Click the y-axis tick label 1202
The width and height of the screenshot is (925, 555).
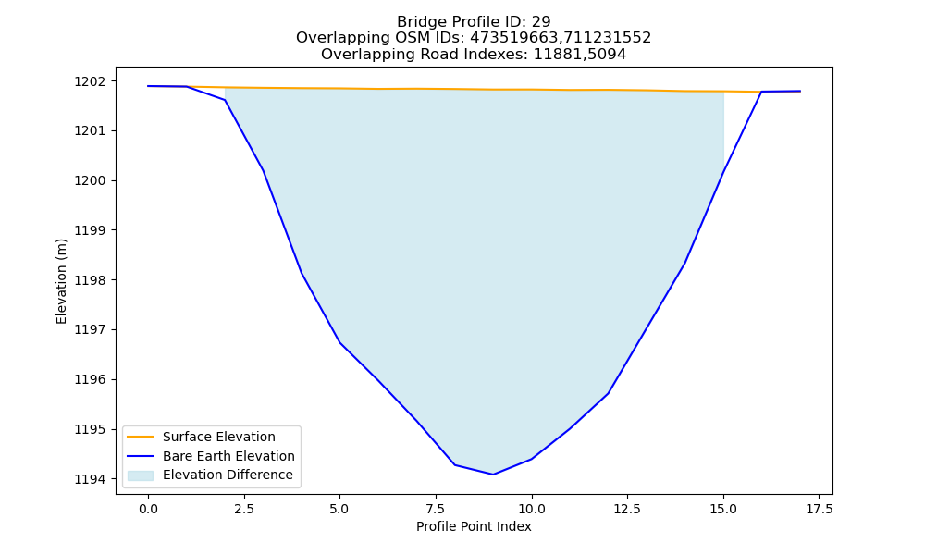point(91,81)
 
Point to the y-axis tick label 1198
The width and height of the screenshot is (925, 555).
point(91,280)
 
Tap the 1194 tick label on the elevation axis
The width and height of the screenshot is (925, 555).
point(91,479)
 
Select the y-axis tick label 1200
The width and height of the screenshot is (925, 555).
point(91,180)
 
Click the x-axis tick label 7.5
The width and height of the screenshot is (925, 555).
point(436,509)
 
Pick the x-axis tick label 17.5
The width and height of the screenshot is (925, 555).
point(820,509)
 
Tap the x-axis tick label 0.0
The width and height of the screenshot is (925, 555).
point(148,509)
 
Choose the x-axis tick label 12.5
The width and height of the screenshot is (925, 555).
point(628,509)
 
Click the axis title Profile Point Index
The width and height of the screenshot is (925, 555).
point(474,526)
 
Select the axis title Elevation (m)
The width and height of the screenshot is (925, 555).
point(61,281)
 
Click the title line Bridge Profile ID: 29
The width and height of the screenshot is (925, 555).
point(474,22)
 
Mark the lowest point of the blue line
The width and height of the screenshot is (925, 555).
point(493,475)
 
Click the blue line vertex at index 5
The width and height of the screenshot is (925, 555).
point(339,342)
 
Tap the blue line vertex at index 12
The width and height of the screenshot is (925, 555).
point(609,393)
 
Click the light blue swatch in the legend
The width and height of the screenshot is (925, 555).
point(141,475)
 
